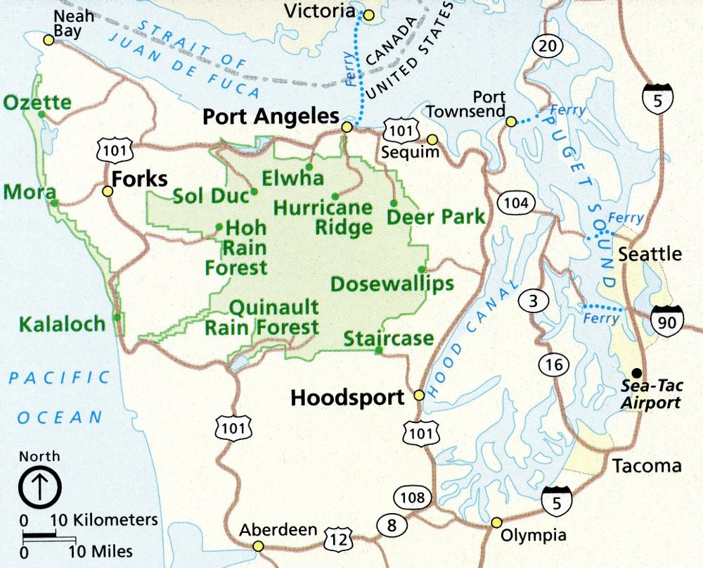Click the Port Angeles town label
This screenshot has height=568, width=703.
(x=271, y=116)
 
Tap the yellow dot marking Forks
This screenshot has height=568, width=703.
(x=108, y=191)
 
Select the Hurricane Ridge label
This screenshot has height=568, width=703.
(x=323, y=217)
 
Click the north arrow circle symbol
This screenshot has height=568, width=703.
(x=40, y=486)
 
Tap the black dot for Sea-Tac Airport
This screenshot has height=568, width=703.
(x=636, y=372)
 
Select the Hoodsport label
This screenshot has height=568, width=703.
(x=347, y=398)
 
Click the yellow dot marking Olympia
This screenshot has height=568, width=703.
(x=496, y=522)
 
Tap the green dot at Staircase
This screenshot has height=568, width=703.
(x=379, y=350)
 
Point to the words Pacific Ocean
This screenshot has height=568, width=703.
(x=60, y=398)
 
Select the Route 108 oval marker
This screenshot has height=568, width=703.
(x=412, y=498)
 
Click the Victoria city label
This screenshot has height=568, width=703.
(x=318, y=11)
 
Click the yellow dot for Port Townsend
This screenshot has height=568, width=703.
(x=512, y=122)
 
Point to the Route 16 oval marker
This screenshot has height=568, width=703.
(x=554, y=364)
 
